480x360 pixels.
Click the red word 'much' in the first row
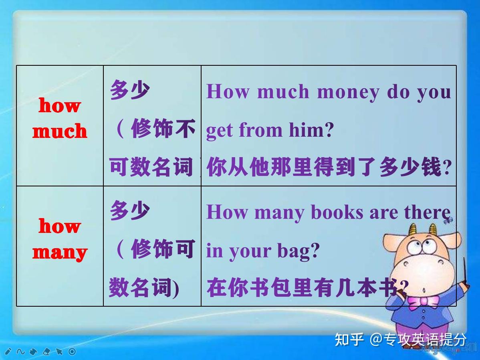(60, 131)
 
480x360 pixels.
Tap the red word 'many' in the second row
(60, 252)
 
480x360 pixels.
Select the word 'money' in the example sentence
(347, 92)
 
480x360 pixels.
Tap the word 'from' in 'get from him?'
(261, 130)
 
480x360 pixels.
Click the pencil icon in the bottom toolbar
(8, 352)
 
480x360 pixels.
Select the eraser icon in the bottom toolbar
(46, 352)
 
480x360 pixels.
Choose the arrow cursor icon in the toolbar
(59, 352)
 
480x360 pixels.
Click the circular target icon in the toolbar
(72, 352)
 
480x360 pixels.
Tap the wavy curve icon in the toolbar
(20, 352)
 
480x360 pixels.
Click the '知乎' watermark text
(349, 340)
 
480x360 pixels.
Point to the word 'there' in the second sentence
(427, 212)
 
